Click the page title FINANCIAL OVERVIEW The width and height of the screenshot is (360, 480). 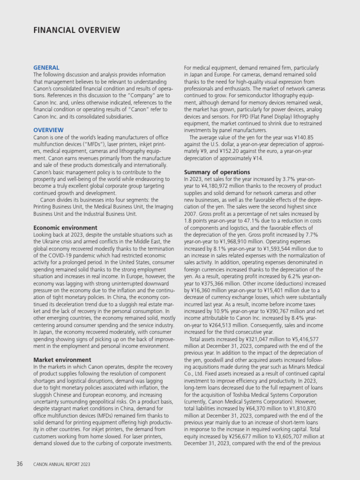pyautogui.click(x=76, y=30)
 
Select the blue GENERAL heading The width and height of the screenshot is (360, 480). pyautogui.click(x=46, y=67)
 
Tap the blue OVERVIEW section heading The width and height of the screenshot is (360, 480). pyautogui.click(x=48, y=130)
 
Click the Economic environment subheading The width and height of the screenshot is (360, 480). pyautogui.click(x=66, y=228)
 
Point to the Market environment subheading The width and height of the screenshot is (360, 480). pyautogui.click(x=62, y=360)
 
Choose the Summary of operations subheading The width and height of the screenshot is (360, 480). pyautogui.click(x=217, y=172)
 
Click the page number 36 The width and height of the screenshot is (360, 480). pyautogui.click(x=20, y=464)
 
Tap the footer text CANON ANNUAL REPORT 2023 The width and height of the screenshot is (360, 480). pyautogui.click(x=61, y=465)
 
